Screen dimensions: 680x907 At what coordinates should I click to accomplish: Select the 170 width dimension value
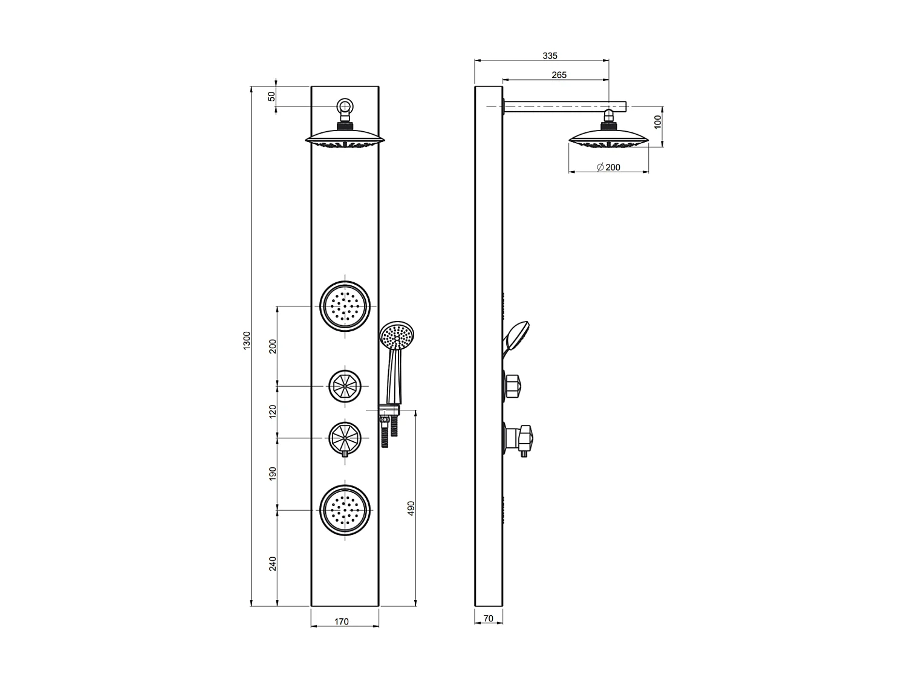coord(341,621)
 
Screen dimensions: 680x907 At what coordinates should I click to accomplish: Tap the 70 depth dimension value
coord(489,618)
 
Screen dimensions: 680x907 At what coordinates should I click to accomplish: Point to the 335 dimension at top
coord(550,56)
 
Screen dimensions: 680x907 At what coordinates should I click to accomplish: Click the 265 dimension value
coord(559,75)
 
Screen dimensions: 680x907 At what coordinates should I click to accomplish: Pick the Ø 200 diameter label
coord(608,167)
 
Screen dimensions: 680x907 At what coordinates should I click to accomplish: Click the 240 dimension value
coord(273,563)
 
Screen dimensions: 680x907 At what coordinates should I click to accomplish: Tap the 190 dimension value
coord(273,474)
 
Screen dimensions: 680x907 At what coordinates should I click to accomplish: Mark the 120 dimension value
coord(273,412)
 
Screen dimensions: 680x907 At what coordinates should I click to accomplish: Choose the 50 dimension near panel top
coord(271,96)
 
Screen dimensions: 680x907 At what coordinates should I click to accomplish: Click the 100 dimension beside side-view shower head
coord(658,121)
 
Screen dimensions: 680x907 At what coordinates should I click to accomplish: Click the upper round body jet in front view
coord(345,306)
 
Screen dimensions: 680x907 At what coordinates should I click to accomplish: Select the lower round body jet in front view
coord(345,510)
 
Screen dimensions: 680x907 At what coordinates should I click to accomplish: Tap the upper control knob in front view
coord(345,384)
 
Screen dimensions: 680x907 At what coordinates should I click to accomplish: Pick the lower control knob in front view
coord(345,437)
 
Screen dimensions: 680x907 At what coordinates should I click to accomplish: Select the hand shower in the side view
coord(516,335)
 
